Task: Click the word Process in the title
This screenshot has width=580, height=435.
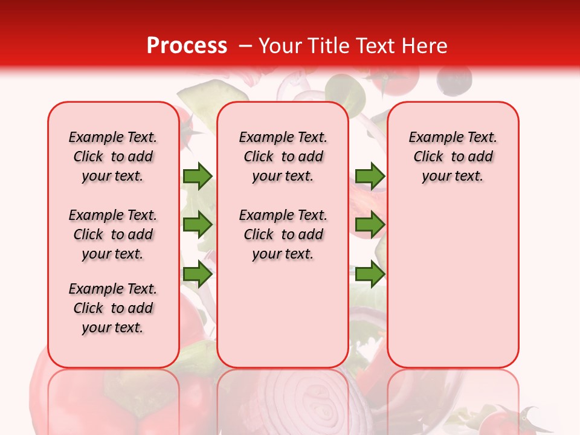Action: (187, 46)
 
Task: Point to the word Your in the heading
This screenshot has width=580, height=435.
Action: (281, 46)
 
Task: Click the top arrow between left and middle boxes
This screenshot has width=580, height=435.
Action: (198, 176)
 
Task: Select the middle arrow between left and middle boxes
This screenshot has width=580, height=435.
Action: (198, 225)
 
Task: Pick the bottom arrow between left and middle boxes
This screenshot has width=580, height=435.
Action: (198, 274)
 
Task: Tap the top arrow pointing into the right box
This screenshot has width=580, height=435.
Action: (370, 176)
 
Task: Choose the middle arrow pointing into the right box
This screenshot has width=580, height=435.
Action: (370, 225)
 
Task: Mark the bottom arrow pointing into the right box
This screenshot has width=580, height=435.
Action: (370, 274)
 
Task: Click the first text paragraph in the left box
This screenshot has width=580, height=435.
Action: (113, 156)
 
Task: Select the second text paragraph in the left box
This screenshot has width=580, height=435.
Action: (113, 234)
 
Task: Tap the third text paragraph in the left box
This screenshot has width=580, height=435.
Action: (113, 308)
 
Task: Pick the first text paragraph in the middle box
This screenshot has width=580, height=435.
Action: (283, 156)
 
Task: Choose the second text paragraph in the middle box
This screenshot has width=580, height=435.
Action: (283, 234)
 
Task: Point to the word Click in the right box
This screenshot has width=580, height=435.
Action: (428, 157)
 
